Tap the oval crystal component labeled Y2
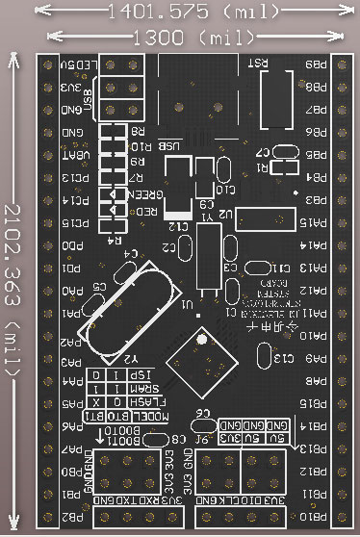point(130,308)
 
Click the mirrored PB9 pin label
point(314,64)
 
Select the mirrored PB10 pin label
point(314,518)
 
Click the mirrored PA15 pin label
point(312,222)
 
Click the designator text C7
point(262,152)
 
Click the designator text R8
point(137,131)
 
